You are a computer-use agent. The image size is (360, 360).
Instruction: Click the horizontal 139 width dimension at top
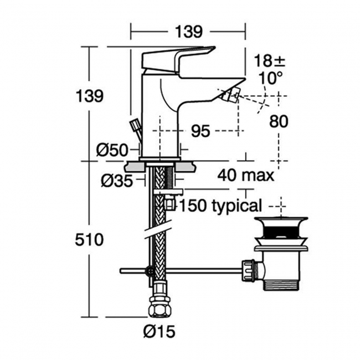coord(189,32)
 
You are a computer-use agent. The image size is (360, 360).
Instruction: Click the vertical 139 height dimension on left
coord(90,96)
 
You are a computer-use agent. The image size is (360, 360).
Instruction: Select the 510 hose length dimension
coord(89,239)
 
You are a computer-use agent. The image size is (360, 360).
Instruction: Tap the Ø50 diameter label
coord(112,151)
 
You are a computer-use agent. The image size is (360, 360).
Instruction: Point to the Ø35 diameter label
coord(117,181)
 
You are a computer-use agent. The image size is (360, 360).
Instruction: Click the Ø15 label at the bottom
coord(159,331)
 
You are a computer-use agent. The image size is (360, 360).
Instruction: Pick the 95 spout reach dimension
coord(200,131)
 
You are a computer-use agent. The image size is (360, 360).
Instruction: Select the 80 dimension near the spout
coord(279,121)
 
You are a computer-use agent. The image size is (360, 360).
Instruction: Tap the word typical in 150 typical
coord(236,206)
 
